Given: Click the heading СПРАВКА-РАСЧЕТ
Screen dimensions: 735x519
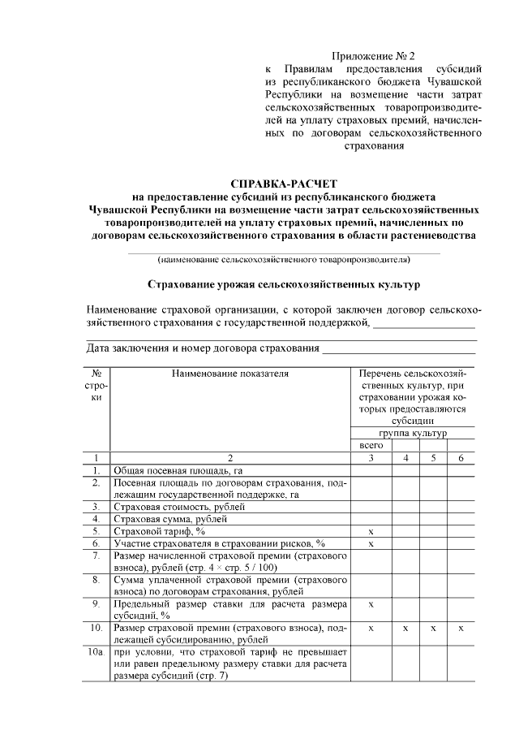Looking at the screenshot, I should point(283,184).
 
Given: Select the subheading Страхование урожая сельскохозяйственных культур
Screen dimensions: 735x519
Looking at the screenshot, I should point(283,286).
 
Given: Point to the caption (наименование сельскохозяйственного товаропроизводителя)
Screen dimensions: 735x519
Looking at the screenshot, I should point(283,260).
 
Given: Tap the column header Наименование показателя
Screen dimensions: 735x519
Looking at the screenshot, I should point(229,374).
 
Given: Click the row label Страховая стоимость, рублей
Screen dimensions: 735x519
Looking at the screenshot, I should point(178,506).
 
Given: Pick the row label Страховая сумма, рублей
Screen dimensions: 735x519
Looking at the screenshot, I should point(170,518).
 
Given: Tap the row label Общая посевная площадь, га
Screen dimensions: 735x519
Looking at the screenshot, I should point(178,470).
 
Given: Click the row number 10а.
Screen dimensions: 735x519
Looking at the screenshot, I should point(97,651).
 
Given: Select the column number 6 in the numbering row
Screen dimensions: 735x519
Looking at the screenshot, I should point(461,458).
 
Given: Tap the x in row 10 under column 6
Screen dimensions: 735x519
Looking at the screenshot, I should point(461,629).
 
